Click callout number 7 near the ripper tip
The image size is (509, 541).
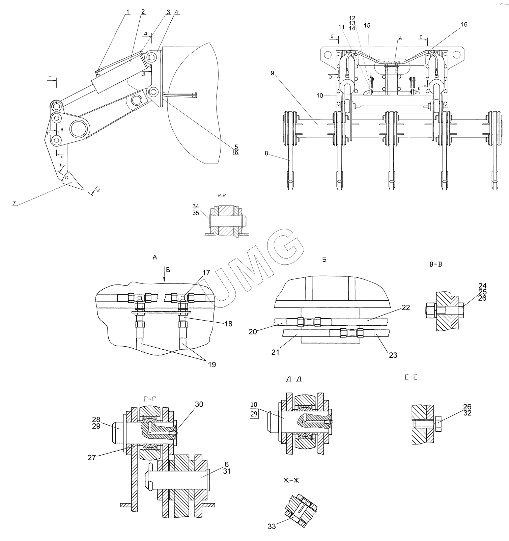pyautogui.click(x=14, y=203)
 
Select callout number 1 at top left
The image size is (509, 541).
pyautogui.click(x=128, y=12)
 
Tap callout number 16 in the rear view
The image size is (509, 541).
pyautogui.click(x=464, y=25)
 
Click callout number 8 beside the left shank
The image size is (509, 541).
pyautogui.click(x=266, y=153)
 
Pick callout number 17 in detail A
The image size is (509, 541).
pyautogui.click(x=206, y=272)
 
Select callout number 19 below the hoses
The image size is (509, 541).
pyautogui.click(x=212, y=364)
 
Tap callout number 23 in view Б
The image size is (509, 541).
pyautogui.click(x=393, y=355)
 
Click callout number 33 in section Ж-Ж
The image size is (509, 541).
pyautogui.click(x=272, y=526)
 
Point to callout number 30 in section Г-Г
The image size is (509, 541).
pyautogui.click(x=199, y=404)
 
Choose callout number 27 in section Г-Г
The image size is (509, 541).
pyautogui.click(x=92, y=458)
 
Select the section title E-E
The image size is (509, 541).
pyautogui.click(x=410, y=377)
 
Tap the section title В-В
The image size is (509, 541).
pyautogui.click(x=435, y=265)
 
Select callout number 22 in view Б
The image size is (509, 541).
pyautogui.click(x=406, y=307)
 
